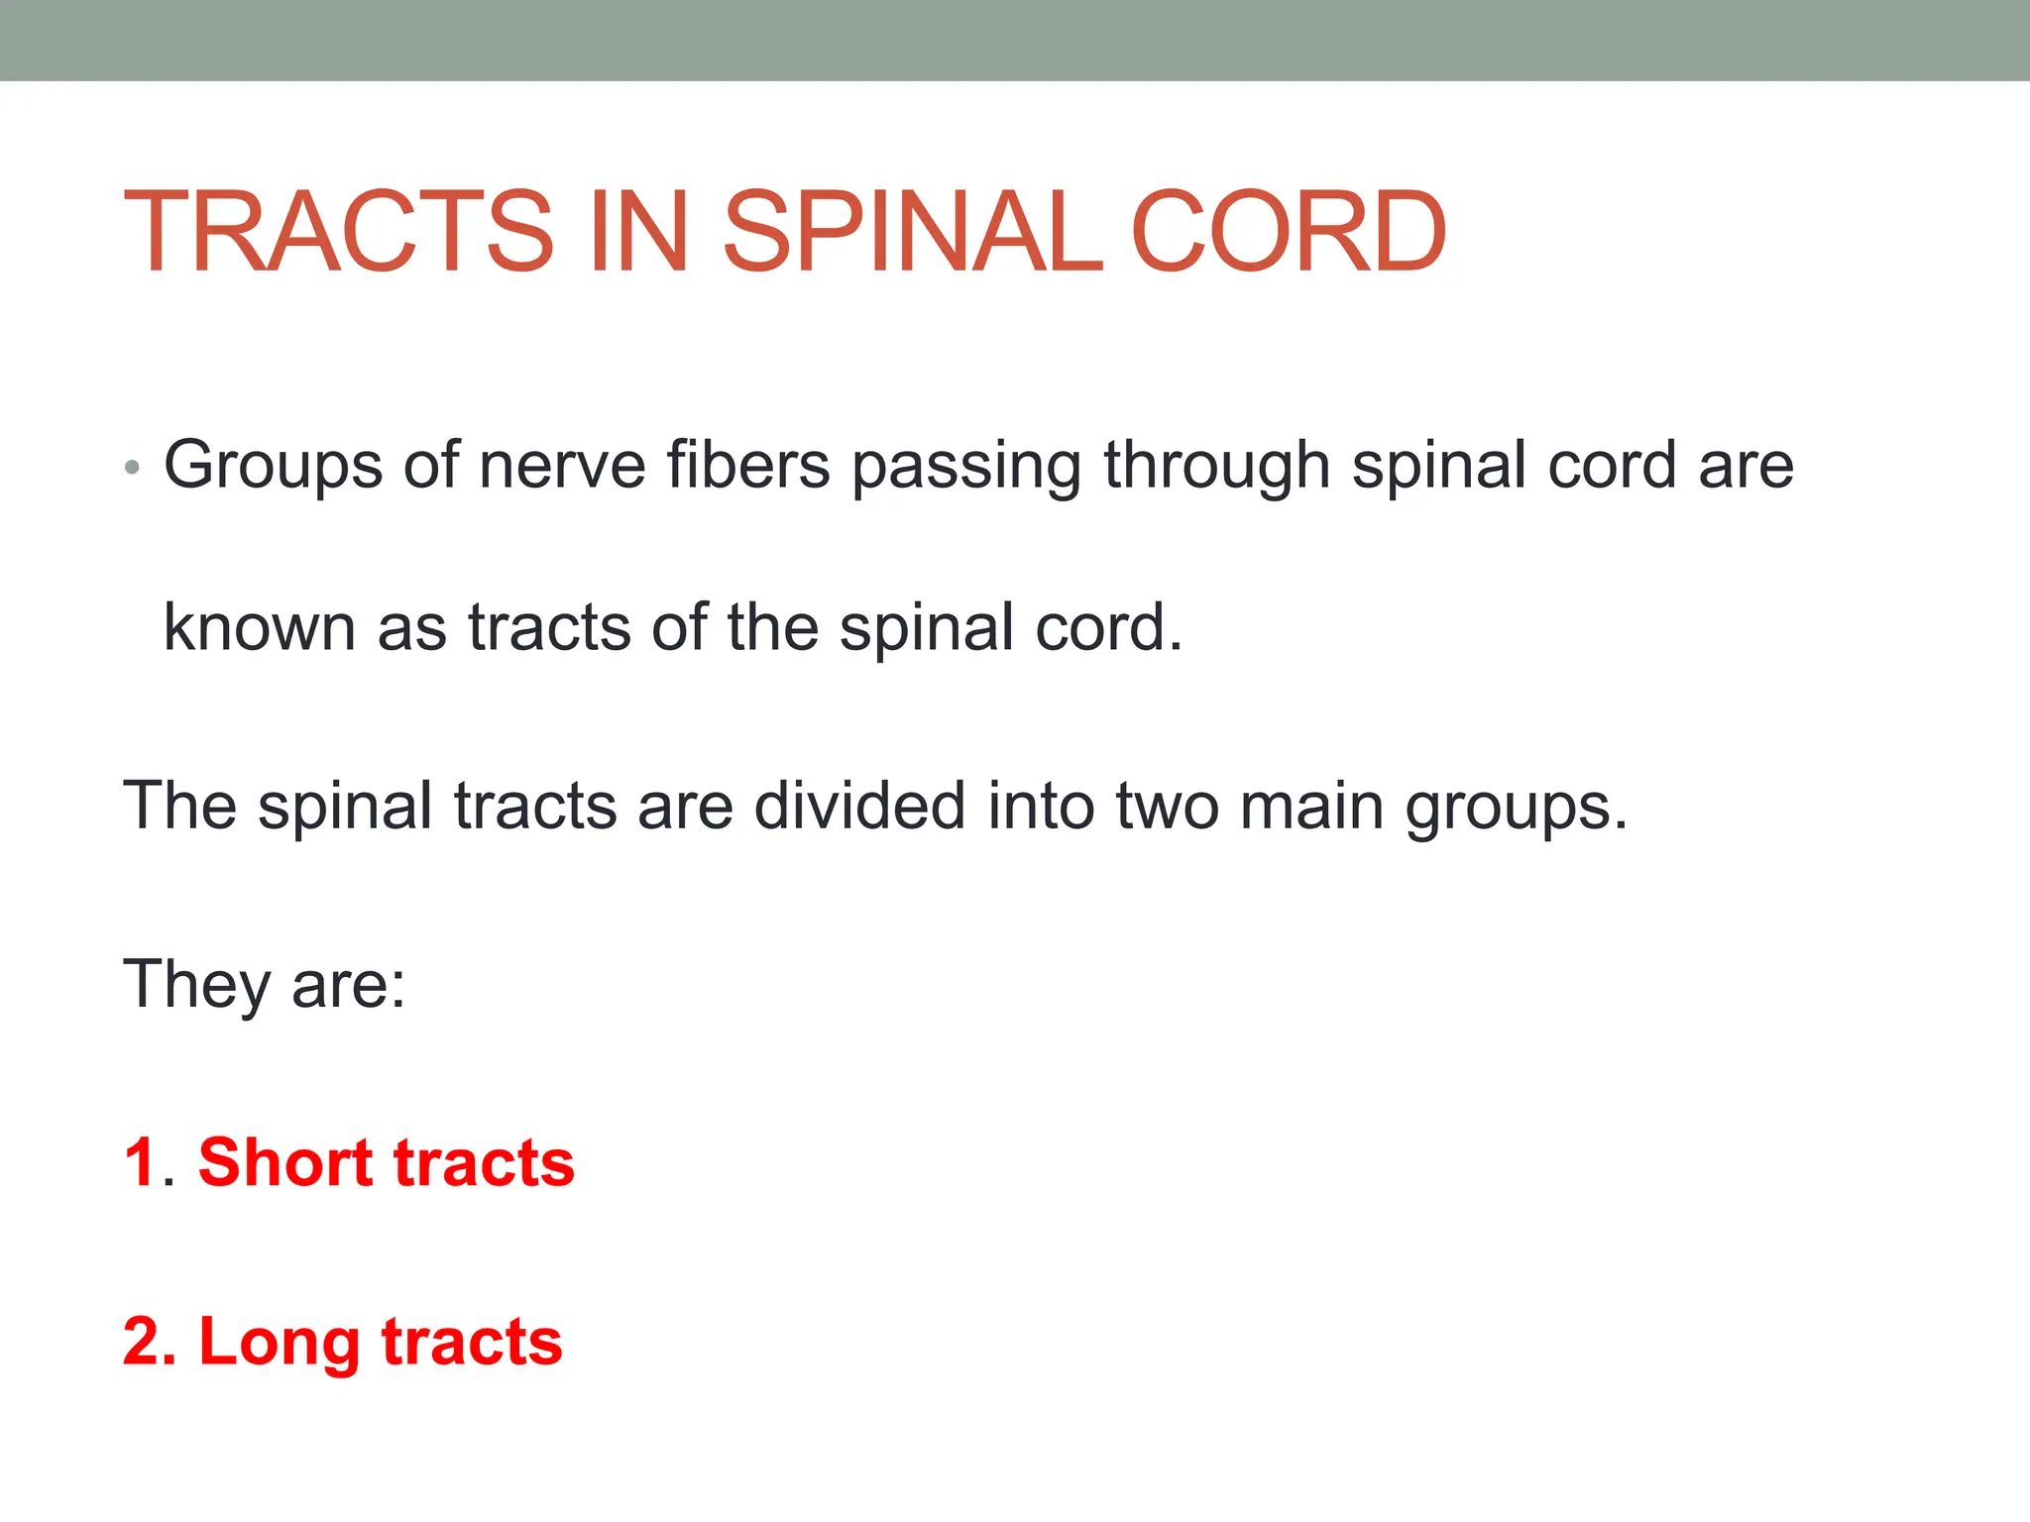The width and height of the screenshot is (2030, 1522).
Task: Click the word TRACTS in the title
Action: coord(337,232)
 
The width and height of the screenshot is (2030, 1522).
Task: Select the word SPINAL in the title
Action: coord(912,232)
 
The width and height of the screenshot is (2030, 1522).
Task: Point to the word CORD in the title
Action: coord(1288,232)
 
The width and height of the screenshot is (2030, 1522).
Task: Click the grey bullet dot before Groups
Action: coord(133,467)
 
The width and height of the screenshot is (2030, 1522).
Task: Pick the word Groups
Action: coord(273,466)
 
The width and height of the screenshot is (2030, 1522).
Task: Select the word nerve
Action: coord(562,466)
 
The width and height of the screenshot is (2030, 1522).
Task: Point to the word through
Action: coord(1216,466)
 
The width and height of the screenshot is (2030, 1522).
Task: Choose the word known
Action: coord(260,627)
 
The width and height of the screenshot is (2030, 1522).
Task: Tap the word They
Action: coord(196,985)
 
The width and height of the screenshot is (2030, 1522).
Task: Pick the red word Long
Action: coord(279,1343)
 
